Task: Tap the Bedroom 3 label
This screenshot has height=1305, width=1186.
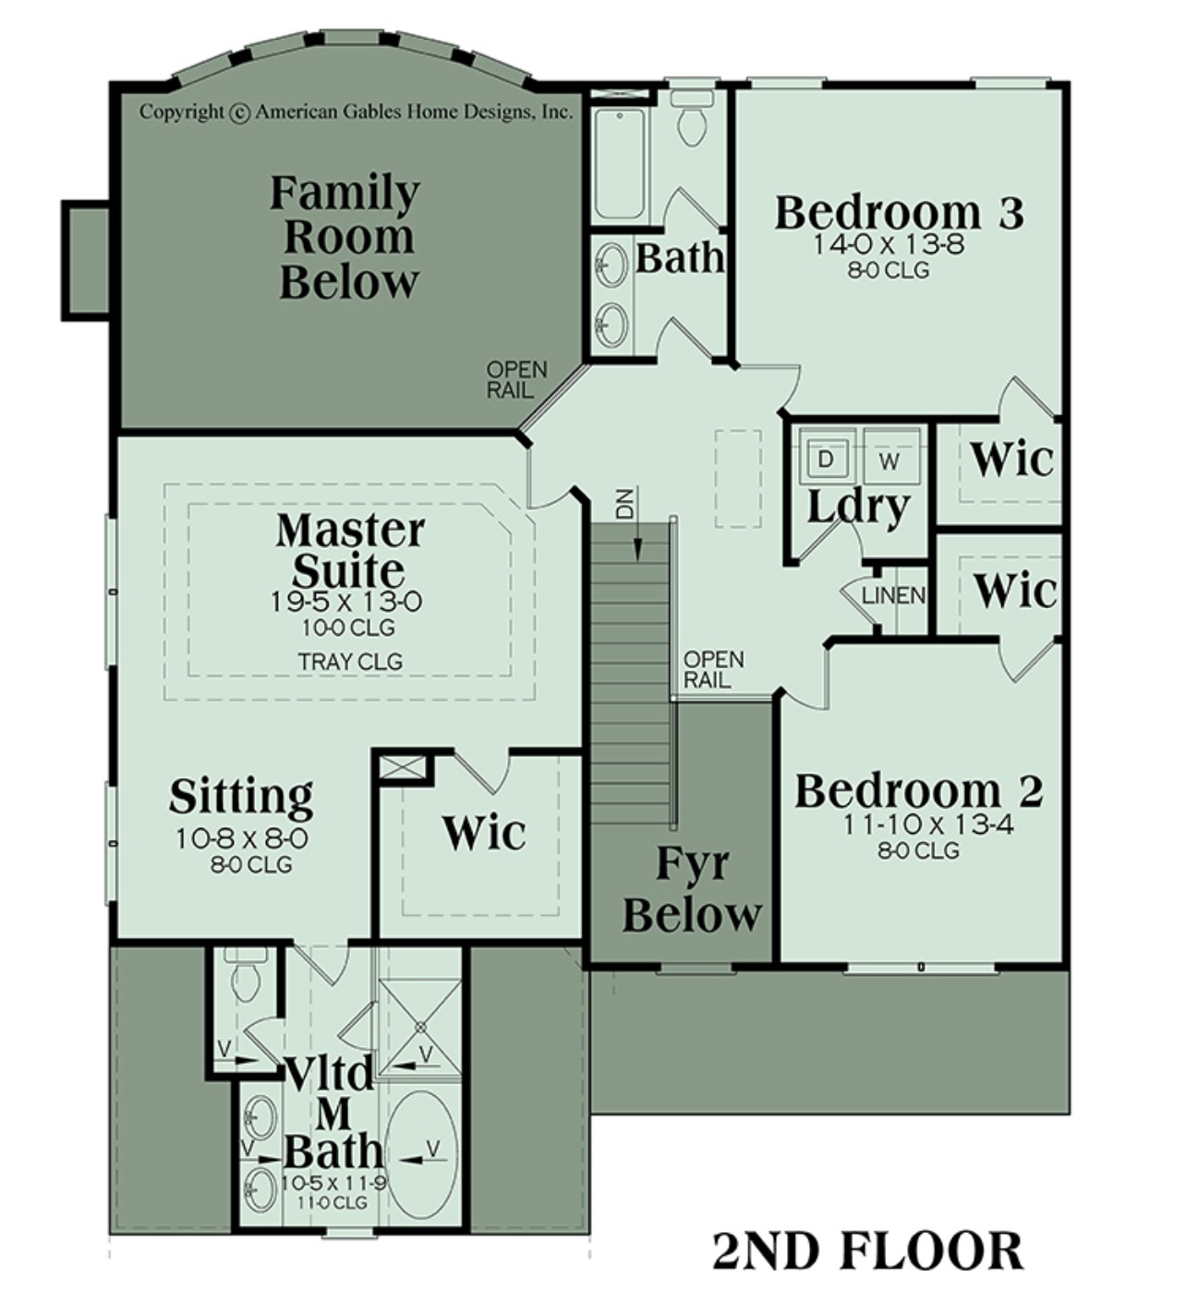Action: (x=900, y=212)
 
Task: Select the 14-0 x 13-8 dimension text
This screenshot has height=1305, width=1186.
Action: (x=889, y=245)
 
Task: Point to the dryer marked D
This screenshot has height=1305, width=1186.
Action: (x=825, y=459)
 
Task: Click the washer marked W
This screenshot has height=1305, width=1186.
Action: (x=890, y=459)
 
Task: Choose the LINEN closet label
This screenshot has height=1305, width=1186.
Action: (x=893, y=594)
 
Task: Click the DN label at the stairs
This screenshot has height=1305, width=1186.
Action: (x=624, y=505)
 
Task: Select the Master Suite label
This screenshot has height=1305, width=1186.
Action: (x=350, y=550)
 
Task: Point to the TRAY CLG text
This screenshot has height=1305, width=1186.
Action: (x=350, y=663)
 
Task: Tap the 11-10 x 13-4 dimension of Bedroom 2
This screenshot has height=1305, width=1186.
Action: (x=928, y=825)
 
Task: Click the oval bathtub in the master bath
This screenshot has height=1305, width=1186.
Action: (x=425, y=1154)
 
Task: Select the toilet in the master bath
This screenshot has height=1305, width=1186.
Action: (x=246, y=974)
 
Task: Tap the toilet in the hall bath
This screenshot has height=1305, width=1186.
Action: (x=692, y=118)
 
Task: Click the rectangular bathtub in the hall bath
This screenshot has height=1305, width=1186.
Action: (x=620, y=164)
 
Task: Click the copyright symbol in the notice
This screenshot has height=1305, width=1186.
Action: (x=239, y=113)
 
